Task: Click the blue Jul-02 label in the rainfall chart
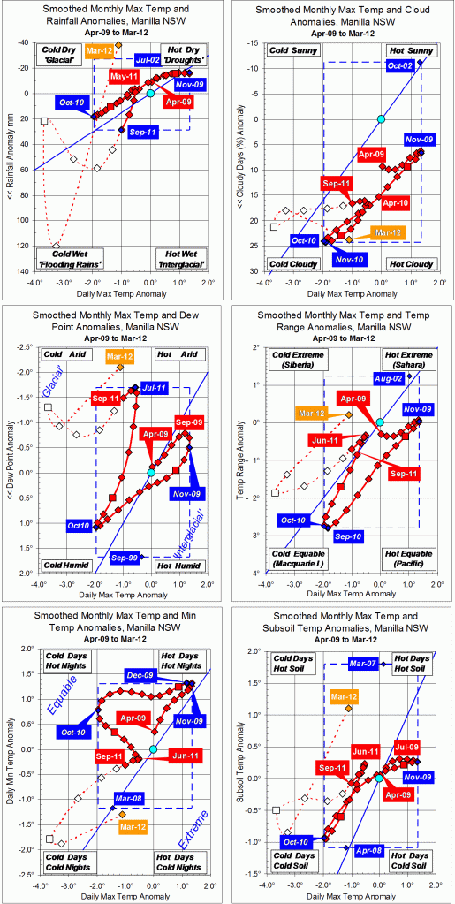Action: [172, 60]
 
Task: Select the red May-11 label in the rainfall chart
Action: [125, 78]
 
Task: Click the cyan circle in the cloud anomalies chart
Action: [381, 118]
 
